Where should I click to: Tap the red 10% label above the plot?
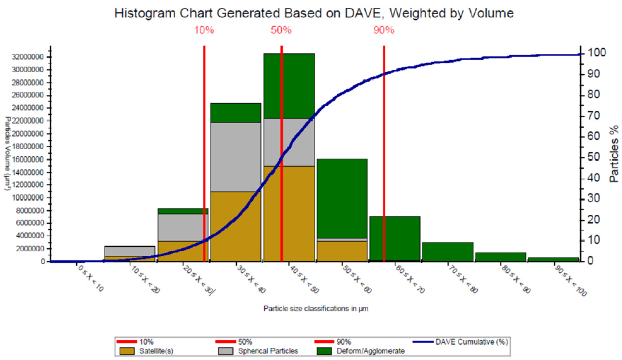tap(204, 30)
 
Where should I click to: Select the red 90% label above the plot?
tap(384, 30)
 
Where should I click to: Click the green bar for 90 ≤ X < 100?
tap(553, 259)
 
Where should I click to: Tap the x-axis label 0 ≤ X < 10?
tap(91, 281)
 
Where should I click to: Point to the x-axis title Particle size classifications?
tap(312, 308)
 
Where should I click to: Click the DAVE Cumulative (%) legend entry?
tap(471, 342)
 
